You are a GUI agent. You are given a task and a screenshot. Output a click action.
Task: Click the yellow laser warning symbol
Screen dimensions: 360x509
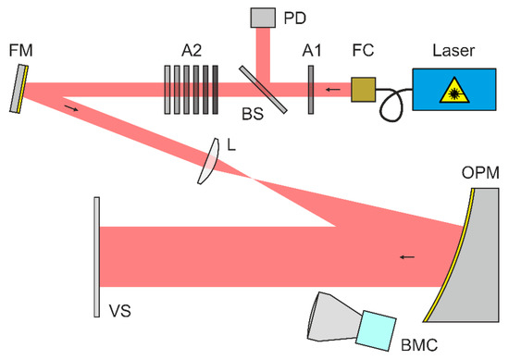click(455, 89)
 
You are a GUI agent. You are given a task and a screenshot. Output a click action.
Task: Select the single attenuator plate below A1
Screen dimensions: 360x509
click(312, 90)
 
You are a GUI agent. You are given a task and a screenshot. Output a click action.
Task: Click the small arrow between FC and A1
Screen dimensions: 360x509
click(332, 90)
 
